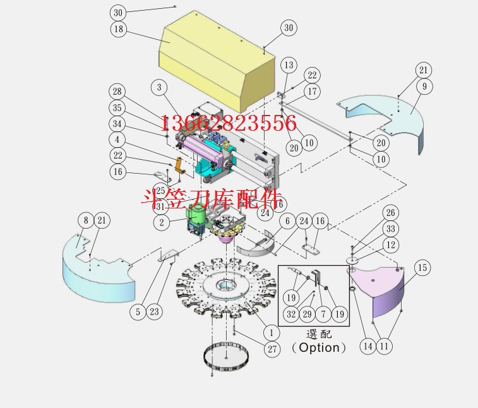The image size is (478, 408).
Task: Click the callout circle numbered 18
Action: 118,29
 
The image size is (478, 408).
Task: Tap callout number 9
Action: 424,86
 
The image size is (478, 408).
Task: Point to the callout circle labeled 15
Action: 422,268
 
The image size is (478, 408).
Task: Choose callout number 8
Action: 86,220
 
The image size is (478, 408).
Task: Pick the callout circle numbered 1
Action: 271,332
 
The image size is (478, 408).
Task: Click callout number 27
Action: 272,349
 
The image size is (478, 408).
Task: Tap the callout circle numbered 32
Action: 291,314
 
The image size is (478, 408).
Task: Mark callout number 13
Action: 289,65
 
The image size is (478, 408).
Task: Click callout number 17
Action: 311,92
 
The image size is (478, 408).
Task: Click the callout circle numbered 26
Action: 391,213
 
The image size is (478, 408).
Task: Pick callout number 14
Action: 367,345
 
